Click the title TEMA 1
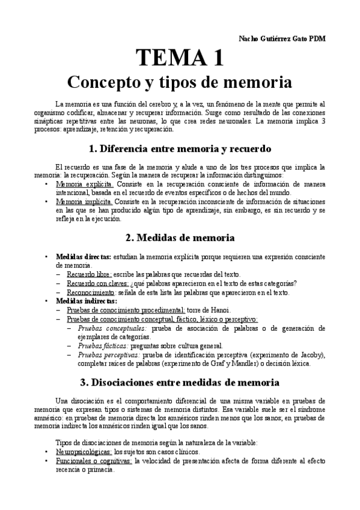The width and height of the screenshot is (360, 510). pos(180,58)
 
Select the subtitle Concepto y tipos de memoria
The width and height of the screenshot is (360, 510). pos(179,81)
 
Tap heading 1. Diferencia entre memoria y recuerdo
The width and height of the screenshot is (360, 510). pos(180,149)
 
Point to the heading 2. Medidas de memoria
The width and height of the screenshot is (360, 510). pos(180,238)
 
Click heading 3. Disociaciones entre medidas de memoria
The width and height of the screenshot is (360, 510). pos(180,382)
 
